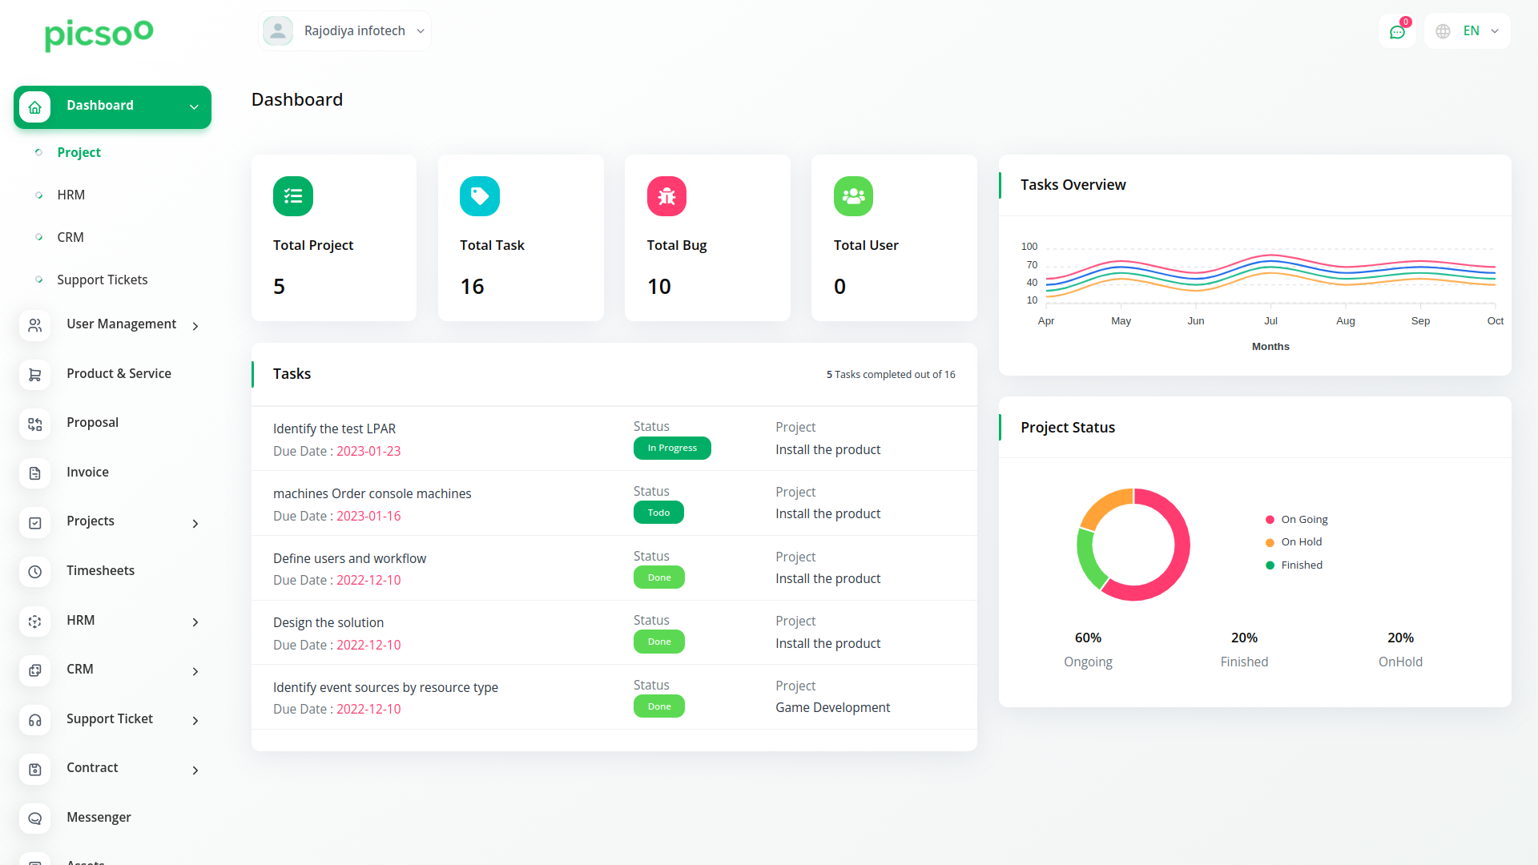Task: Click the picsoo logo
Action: click(x=99, y=34)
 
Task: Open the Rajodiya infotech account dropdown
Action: click(x=345, y=31)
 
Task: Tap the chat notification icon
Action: click(x=1397, y=32)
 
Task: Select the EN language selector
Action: click(x=1468, y=31)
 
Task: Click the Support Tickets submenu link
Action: click(x=102, y=280)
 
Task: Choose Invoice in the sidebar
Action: click(x=87, y=473)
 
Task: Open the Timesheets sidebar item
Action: click(x=100, y=571)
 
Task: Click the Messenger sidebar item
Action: click(x=99, y=818)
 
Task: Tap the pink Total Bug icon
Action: click(x=666, y=196)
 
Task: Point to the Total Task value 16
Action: click(x=472, y=287)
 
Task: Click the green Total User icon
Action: click(x=853, y=196)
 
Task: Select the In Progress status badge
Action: click(x=672, y=449)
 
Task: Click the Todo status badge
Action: click(x=658, y=513)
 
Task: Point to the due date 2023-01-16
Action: click(x=368, y=517)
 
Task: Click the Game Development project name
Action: click(x=832, y=708)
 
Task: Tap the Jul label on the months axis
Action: click(x=1270, y=321)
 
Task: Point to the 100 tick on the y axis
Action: click(x=1029, y=247)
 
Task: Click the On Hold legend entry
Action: click(x=1301, y=542)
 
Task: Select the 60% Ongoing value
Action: click(x=1088, y=638)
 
